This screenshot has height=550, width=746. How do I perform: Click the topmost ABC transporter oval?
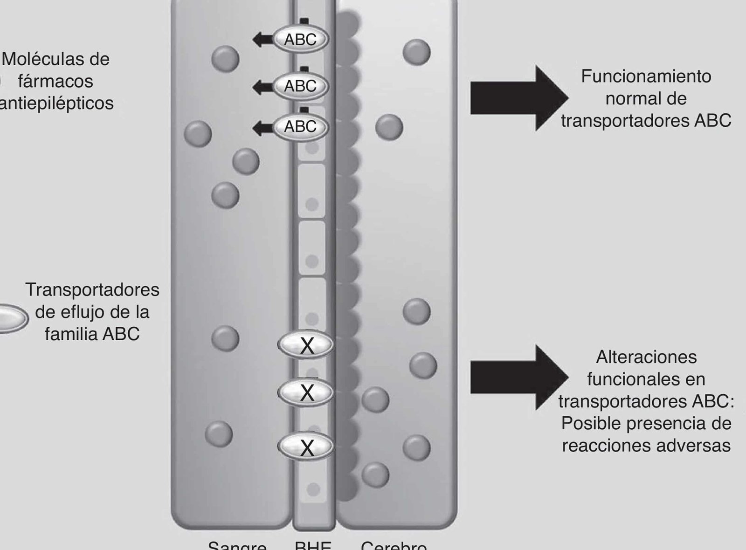300,40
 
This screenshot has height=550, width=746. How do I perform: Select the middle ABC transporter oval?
300,86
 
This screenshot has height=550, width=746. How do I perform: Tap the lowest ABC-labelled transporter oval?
300,127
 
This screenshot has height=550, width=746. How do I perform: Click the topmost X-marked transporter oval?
306,345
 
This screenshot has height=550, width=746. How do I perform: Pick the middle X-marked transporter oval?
306,392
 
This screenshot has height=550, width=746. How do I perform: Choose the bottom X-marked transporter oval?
306,447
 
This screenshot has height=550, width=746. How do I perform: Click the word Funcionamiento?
646,76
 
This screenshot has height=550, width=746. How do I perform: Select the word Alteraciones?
646,357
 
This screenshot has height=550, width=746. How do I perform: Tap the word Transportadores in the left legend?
92,290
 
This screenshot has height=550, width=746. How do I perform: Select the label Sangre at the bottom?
237,546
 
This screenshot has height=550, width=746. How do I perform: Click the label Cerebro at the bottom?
394,546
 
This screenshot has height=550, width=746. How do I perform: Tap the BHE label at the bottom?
313,546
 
